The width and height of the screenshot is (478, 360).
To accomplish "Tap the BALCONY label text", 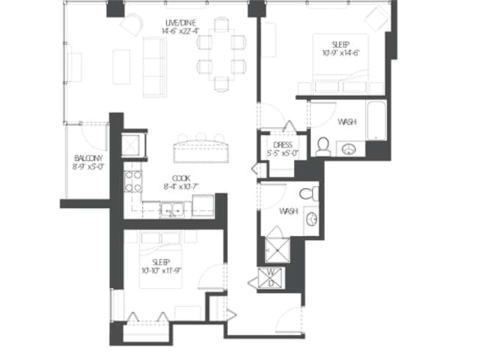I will point(88,158).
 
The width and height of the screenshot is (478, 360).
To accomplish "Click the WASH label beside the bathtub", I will point(348,122).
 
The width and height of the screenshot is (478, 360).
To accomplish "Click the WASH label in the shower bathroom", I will point(288,211).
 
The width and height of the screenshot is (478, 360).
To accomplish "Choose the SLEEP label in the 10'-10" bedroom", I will point(160,262).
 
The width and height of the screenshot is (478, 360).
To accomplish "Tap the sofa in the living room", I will point(154,66).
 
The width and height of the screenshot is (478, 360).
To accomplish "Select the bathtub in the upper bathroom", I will point(377,122).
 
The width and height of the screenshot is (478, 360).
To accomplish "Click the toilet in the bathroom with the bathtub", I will point(323,145).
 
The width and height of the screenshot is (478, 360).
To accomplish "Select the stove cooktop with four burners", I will point(132,178).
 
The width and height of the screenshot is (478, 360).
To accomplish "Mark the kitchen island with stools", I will point(199,151).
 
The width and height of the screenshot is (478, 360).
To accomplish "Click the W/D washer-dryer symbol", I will point(271,279).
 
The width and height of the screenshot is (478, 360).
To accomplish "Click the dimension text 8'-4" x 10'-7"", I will point(182,187).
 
